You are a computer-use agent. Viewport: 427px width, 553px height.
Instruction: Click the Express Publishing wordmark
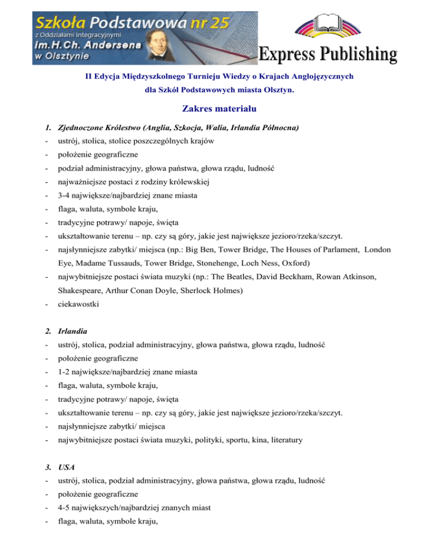[x=329, y=55]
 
